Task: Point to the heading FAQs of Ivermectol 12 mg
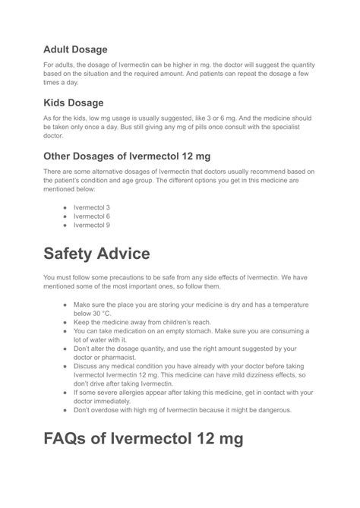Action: point(144,439)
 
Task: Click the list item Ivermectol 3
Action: point(92,207)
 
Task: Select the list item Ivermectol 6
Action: point(92,216)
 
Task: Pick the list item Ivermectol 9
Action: point(92,225)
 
